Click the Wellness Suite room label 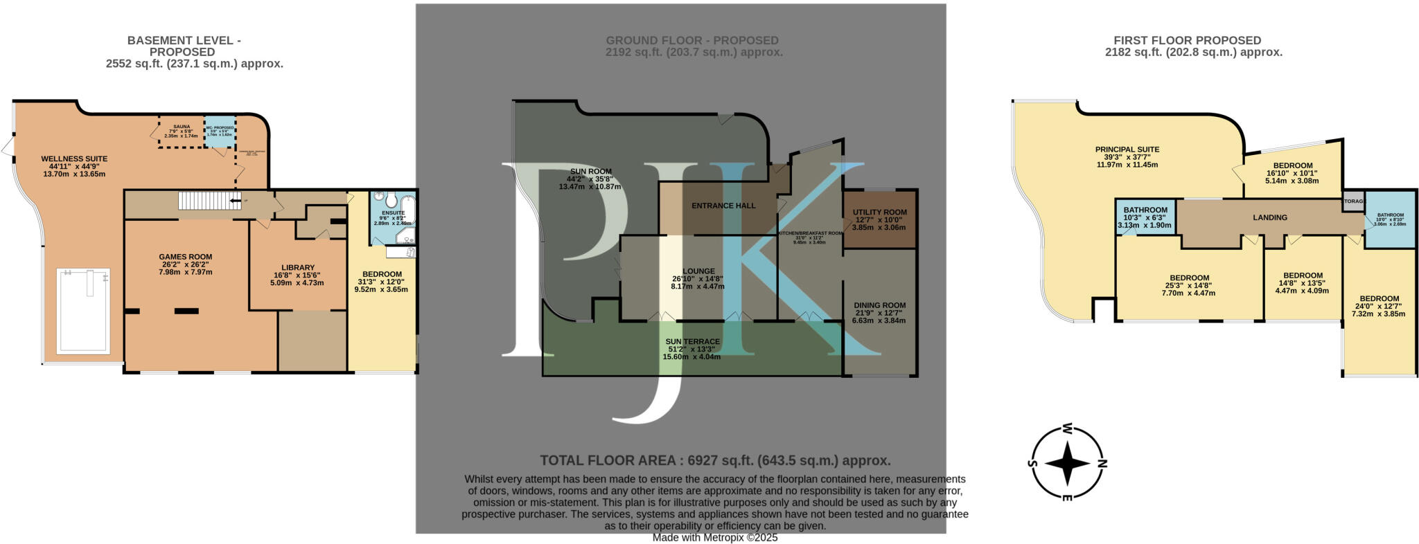pos(74,159)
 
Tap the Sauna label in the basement pos(182,127)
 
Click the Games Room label pos(185,257)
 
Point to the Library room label pos(298,268)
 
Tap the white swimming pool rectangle pos(82,310)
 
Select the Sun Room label pos(590,172)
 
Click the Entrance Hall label pos(723,206)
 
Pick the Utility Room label pos(879,212)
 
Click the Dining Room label pos(879,305)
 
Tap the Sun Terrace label pos(692,342)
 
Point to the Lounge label pos(698,271)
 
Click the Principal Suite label pos(1127,149)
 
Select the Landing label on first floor pos(1269,217)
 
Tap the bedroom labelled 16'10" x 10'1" pos(1292,166)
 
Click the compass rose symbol pos(1067,462)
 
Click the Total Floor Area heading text pos(715,460)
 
